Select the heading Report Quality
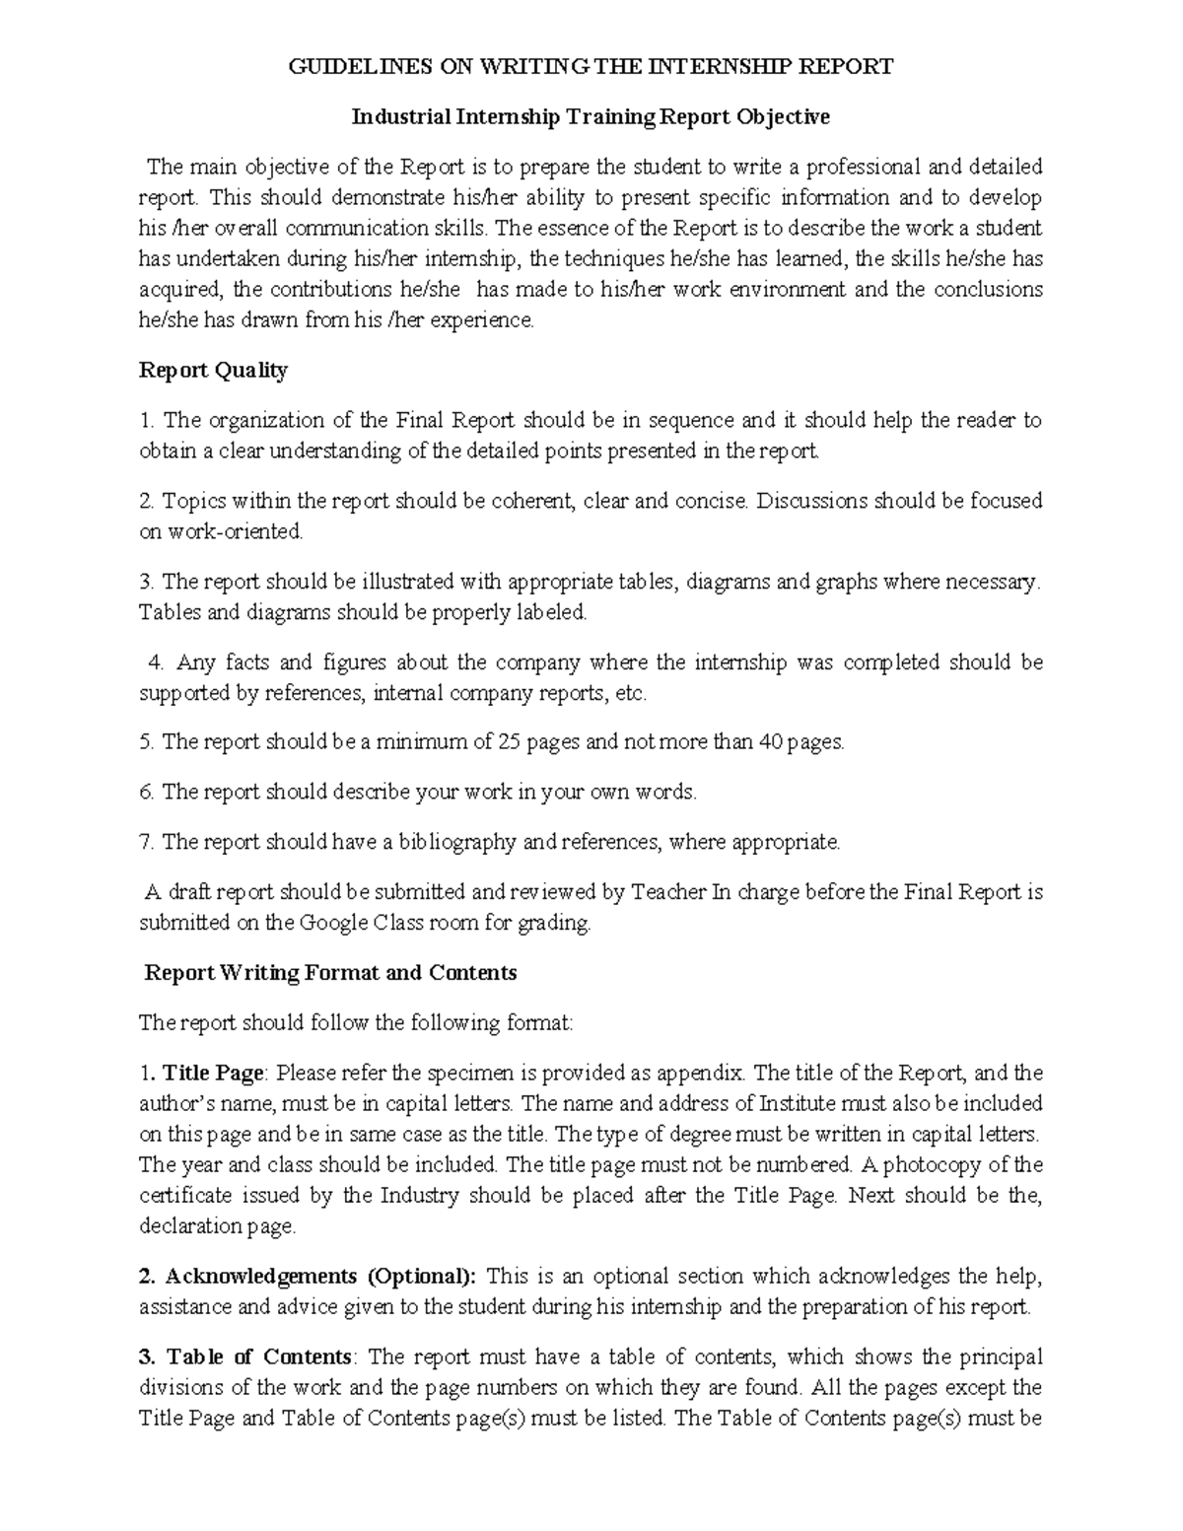point(213,371)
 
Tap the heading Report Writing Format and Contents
point(330,973)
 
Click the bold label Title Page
point(213,1073)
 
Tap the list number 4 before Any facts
point(152,662)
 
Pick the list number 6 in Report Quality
point(146,792)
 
